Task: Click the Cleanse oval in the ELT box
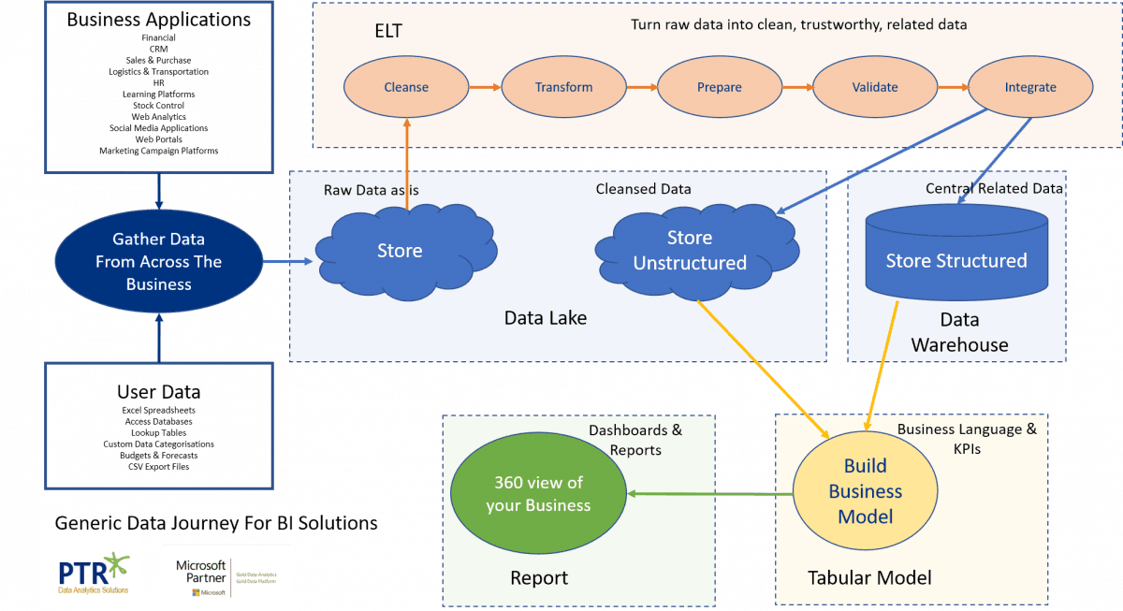(x=406, y=87)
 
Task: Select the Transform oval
(x=563, y=87)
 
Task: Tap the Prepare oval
(x=719, y=87)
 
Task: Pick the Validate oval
(x=875, y=87)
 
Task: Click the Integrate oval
(x=1029, y=87)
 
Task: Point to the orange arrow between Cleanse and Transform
(x=485, y=87)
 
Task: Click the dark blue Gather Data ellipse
(x=158, y=262)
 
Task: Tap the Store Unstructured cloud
(x=691, y=251)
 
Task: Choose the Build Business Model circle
(x=866, y=491)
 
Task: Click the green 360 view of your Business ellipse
(x=538, y=493)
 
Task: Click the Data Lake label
(x=546, y=318)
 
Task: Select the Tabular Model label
(x=869, y=578)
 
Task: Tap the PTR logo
(x=93, y=569)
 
